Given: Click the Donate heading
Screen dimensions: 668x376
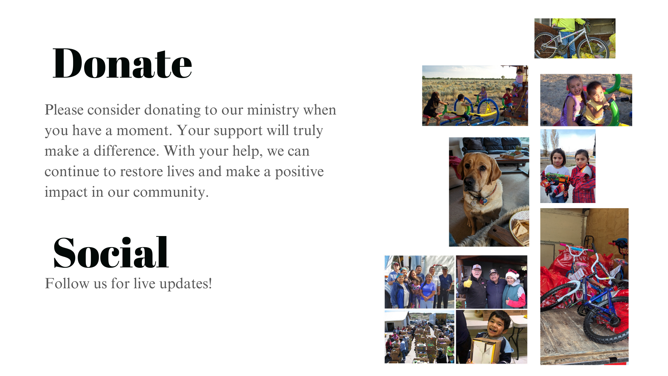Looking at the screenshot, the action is pyautogui.click(x=122, y=63).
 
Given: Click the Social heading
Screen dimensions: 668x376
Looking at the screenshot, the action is pyautogui.click(x=111, y=252).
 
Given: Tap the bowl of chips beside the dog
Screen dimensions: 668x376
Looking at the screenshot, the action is pyautogui.click(x=519, y=228).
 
